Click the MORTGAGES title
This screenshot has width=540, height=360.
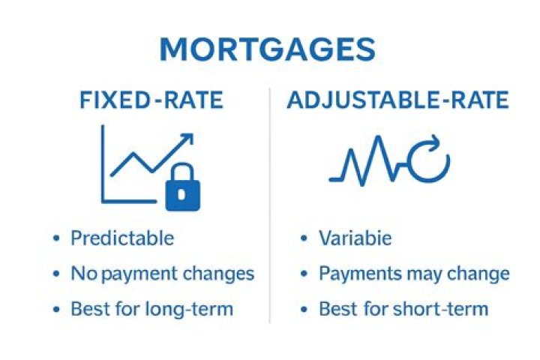[x=268, y=49]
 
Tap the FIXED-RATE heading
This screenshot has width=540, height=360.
[x=151, y=100]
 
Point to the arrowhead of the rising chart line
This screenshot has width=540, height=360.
[x=187, y=139]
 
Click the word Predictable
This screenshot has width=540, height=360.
[x=122, y=238]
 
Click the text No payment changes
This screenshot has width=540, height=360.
[x=163, y=274]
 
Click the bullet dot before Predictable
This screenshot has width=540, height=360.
[x=56, y=239]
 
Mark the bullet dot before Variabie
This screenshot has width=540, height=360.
[x=304, y=239]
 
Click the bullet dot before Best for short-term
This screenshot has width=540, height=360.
[x=304, y=309]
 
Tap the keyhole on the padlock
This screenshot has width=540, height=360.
[x=183, y=194]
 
